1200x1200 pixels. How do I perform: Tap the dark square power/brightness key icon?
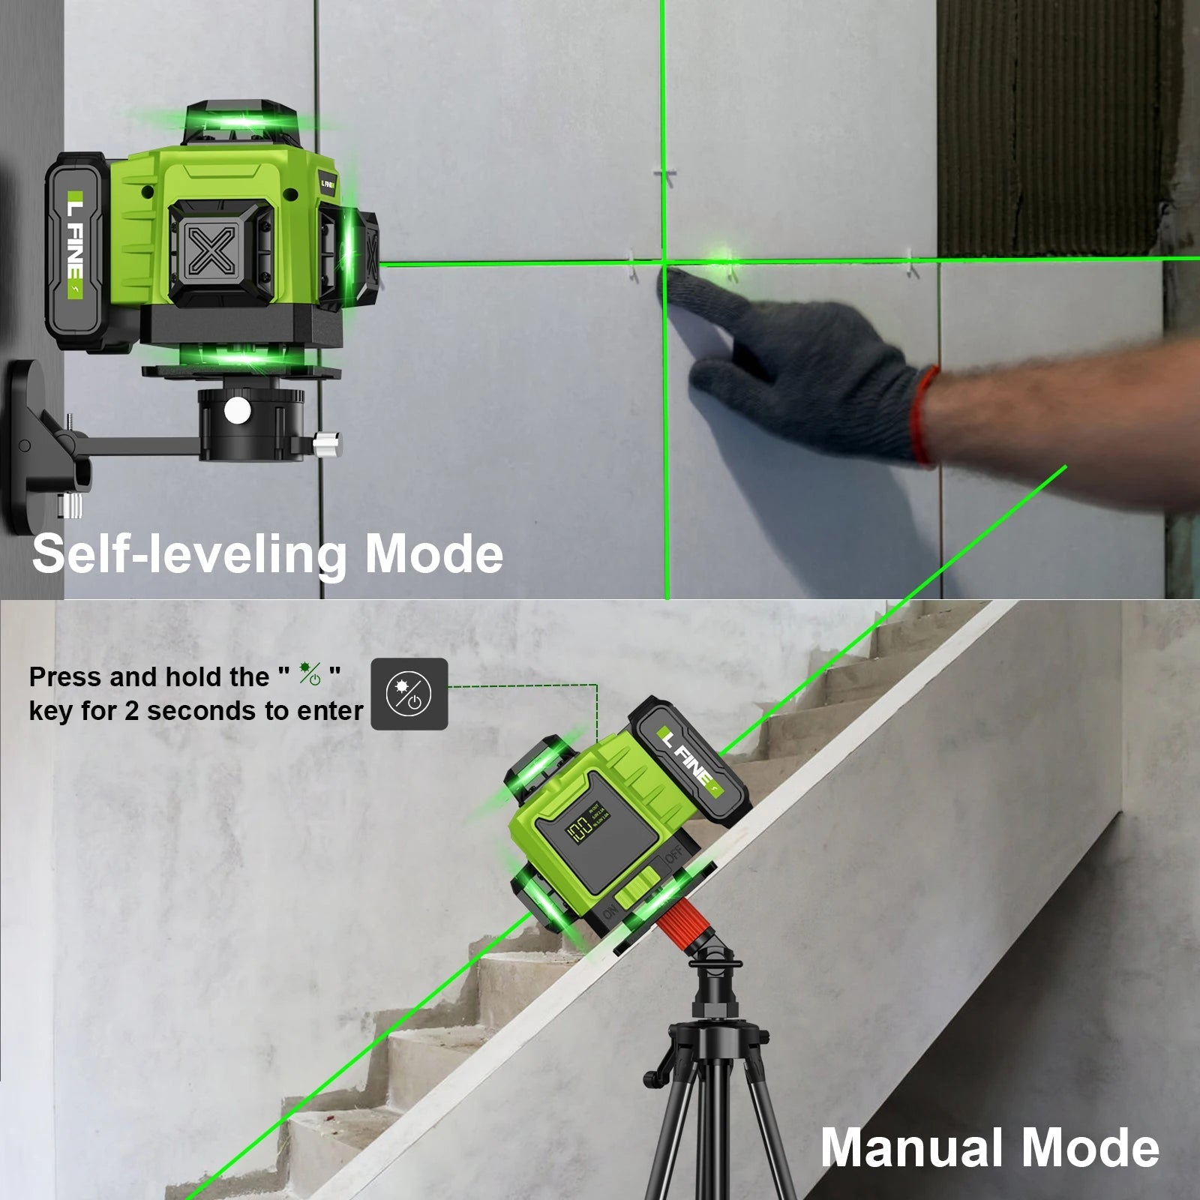click(x=409, y=694)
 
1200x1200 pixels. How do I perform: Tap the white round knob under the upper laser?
click(x=238, y=409)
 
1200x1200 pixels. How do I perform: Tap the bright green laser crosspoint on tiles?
click(x=664, y=262)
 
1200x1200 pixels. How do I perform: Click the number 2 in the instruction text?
click(x=131, y=711)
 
